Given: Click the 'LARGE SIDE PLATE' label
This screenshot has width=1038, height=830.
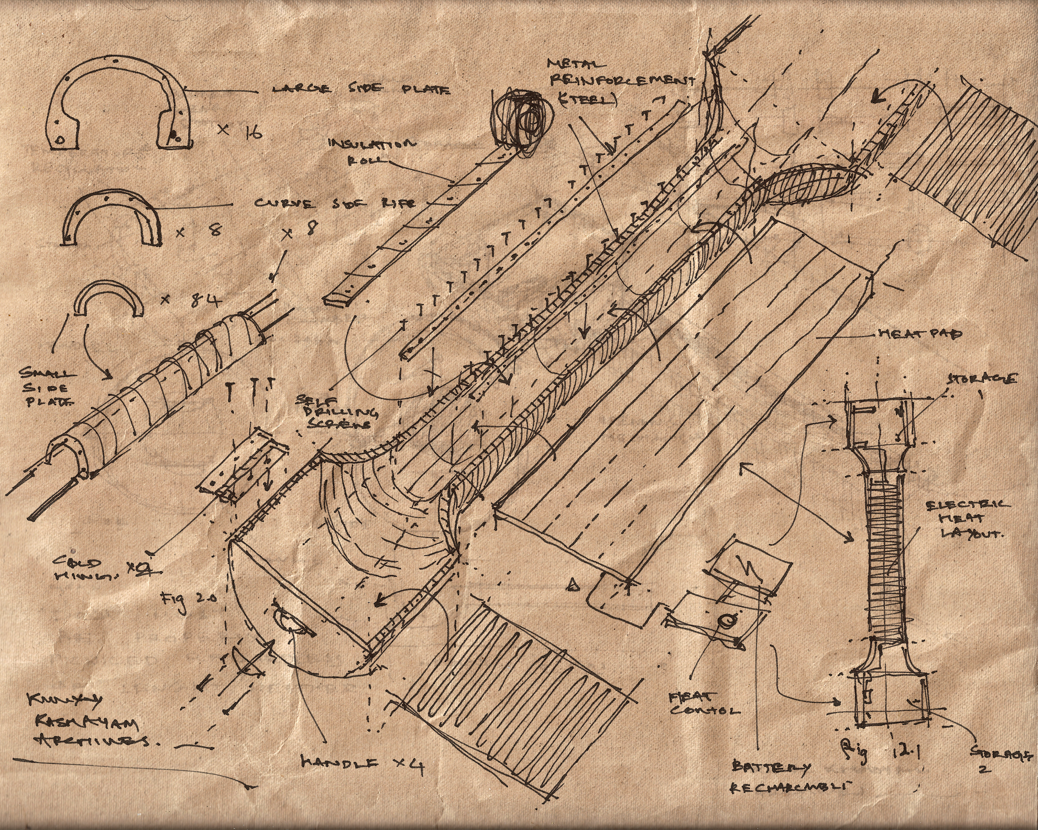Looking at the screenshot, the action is pos(361,89).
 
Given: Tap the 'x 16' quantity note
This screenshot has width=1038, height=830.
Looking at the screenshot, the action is pos(239,131).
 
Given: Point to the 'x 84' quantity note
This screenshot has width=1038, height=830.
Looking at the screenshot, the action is pos(191,300).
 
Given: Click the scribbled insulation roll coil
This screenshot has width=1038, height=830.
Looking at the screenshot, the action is pos(517,120).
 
